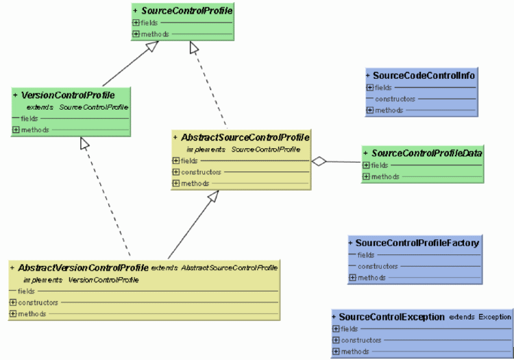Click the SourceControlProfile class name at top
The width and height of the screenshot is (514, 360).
point(186,11)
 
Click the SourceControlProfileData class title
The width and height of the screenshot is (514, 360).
point(428,153)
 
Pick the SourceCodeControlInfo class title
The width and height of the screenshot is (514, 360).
point(424,75)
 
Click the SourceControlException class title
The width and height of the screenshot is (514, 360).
point(392,317)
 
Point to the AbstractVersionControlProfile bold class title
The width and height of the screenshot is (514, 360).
point(84,267)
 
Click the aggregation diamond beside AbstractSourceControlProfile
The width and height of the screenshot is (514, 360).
point(318,161)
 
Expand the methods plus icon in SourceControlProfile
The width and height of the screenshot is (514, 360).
point(136,34)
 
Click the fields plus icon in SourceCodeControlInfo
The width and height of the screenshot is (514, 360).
point(370,87)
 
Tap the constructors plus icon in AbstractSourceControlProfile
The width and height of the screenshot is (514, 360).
point(176,172)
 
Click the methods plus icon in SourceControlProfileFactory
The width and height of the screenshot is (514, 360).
point(352,278)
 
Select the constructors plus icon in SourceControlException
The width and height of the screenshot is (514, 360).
point(336,340)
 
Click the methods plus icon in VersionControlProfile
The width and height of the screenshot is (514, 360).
point(16,130)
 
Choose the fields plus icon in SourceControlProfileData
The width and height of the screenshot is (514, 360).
point(366,165)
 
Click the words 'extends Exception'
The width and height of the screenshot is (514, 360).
point(480,317)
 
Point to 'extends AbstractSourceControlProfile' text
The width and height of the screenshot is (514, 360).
point(215,267)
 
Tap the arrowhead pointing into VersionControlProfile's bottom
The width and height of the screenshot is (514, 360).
point(84,143)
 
